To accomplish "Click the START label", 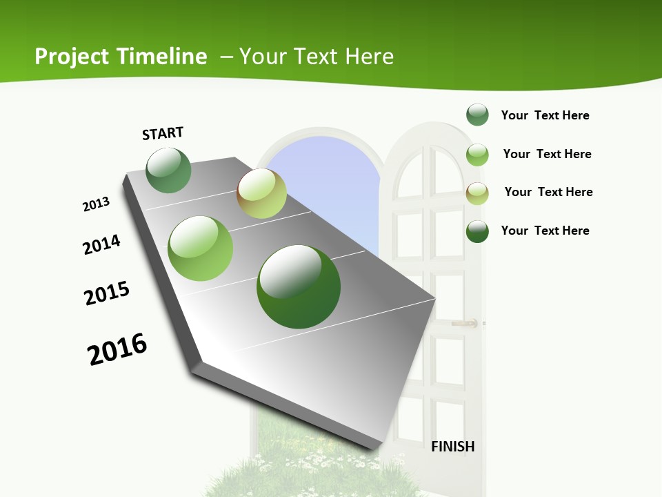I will tap(163, 133).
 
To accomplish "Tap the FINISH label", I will tap(452, 447).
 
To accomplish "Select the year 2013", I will tap(96, 204).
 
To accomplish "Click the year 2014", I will tap(101, 244).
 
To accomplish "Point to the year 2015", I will tap(107, 293).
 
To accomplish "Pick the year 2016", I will tap(117, 349).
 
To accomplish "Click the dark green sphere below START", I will tap(168, 170).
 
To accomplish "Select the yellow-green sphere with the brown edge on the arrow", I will tap(261, 193).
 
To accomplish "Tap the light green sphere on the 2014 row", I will tap(201, 248).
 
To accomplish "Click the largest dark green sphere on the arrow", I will tap(299, 286).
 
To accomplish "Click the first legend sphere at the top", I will tap(477, 115).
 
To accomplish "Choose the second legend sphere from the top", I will tap(477, 155).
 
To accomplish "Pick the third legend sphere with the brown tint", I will tap(477, 193).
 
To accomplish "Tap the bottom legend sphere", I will tap(477, 231).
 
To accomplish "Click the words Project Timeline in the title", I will tap(121, 57).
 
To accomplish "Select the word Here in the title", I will tap(369, 57).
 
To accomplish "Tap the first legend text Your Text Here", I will tap(545, 115).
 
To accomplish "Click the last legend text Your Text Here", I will tap(545, 231).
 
